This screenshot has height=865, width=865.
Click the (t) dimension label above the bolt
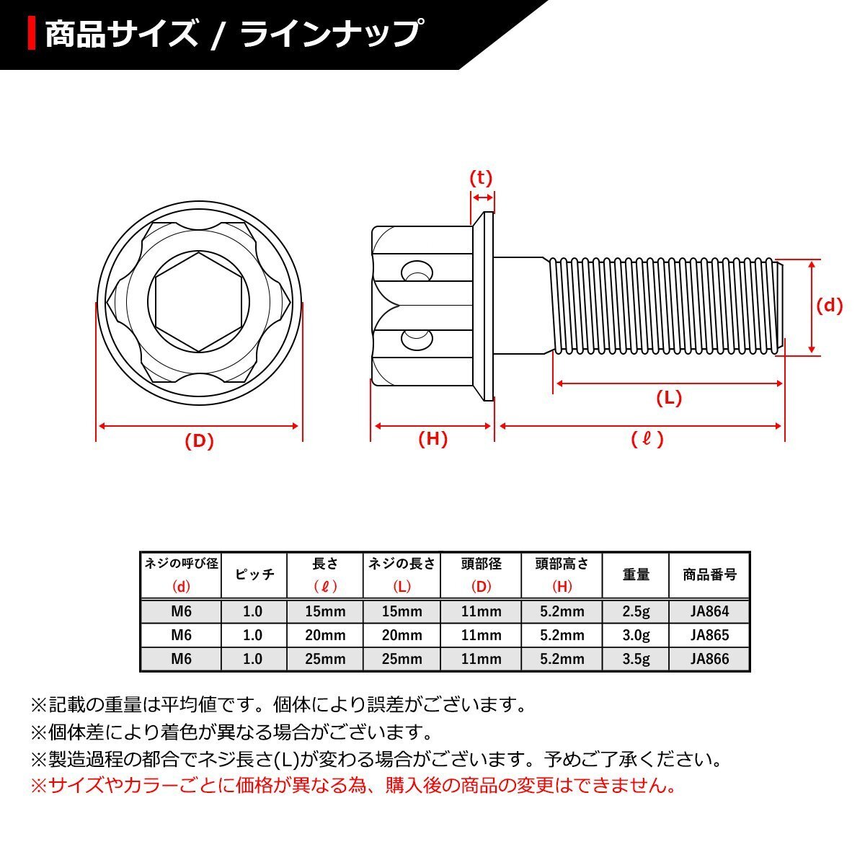point(481,178)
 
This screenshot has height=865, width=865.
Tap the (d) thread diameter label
point(829,306)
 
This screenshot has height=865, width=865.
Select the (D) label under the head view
point(199,441)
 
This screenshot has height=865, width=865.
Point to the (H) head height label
point(432,438)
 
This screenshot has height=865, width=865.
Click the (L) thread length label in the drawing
point(668,397)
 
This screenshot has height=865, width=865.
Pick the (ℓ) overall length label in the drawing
point(646,438)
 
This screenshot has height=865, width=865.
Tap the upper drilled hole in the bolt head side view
point(414,272)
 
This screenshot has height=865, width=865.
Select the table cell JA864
point(709,611)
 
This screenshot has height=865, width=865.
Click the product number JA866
point(709,658)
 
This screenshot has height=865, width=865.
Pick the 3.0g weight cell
point(636,635)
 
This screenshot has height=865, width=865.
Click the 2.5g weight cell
point(636,611)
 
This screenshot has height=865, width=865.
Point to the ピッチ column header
point(254,575)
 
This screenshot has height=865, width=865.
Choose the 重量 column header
point(636,575)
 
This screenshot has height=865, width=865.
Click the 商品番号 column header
point(709,575)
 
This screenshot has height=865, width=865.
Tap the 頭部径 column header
point(481,564)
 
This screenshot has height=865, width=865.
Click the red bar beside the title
point(32,34)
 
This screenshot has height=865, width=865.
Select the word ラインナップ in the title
point(331,34)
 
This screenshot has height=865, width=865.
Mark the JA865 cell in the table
point(709,635)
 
